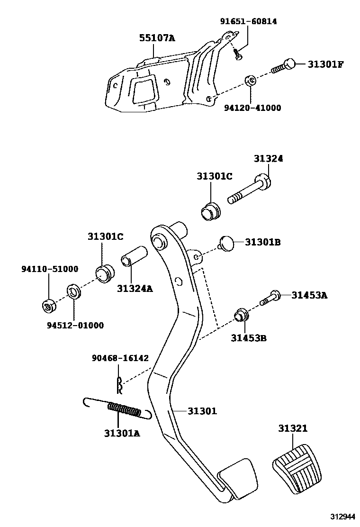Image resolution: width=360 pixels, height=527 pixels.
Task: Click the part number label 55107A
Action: [157, 38]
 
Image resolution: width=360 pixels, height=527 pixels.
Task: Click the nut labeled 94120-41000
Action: [251, 81]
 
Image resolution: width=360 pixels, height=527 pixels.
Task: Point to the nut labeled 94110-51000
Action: [49, 306]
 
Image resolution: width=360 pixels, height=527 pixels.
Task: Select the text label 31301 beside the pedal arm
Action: [202, 411]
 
